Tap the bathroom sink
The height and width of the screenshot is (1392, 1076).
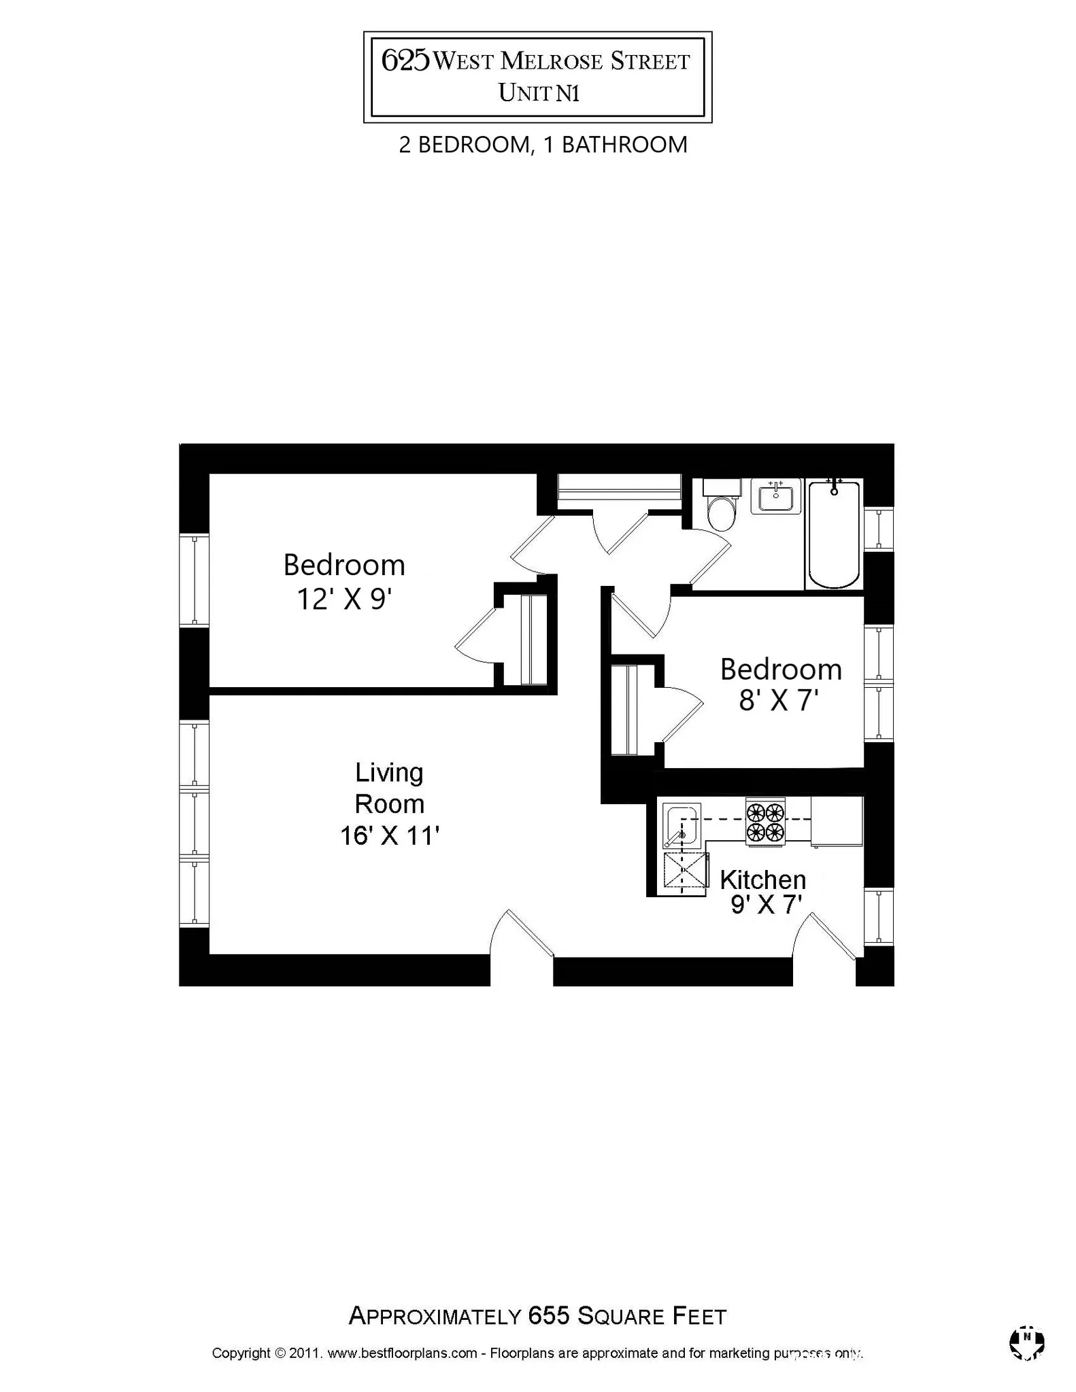click(775, 497)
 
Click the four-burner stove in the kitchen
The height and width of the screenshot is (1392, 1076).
click(765, 822)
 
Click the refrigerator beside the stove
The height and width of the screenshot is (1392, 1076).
click(837, 821)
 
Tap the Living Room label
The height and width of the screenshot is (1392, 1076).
click(389, 788)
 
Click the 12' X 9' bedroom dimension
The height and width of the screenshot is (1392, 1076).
click(345, 599)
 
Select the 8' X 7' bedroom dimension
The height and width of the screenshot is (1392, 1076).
click(778, 700)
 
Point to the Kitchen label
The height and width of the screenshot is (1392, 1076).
click(762, 880)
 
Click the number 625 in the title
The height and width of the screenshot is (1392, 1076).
click(405, 60)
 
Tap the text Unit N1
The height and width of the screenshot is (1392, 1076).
click(538, 93)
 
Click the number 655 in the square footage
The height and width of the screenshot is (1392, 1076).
click(548, 1316)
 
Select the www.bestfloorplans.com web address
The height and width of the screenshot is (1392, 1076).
click(402, 1353)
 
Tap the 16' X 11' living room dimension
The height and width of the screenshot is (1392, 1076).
click(390, 835)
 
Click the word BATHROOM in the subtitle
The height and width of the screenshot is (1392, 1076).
click(624, 145)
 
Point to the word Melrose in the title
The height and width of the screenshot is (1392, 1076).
click(552, 61)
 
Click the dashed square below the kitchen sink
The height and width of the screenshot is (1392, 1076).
click(686, 872)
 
